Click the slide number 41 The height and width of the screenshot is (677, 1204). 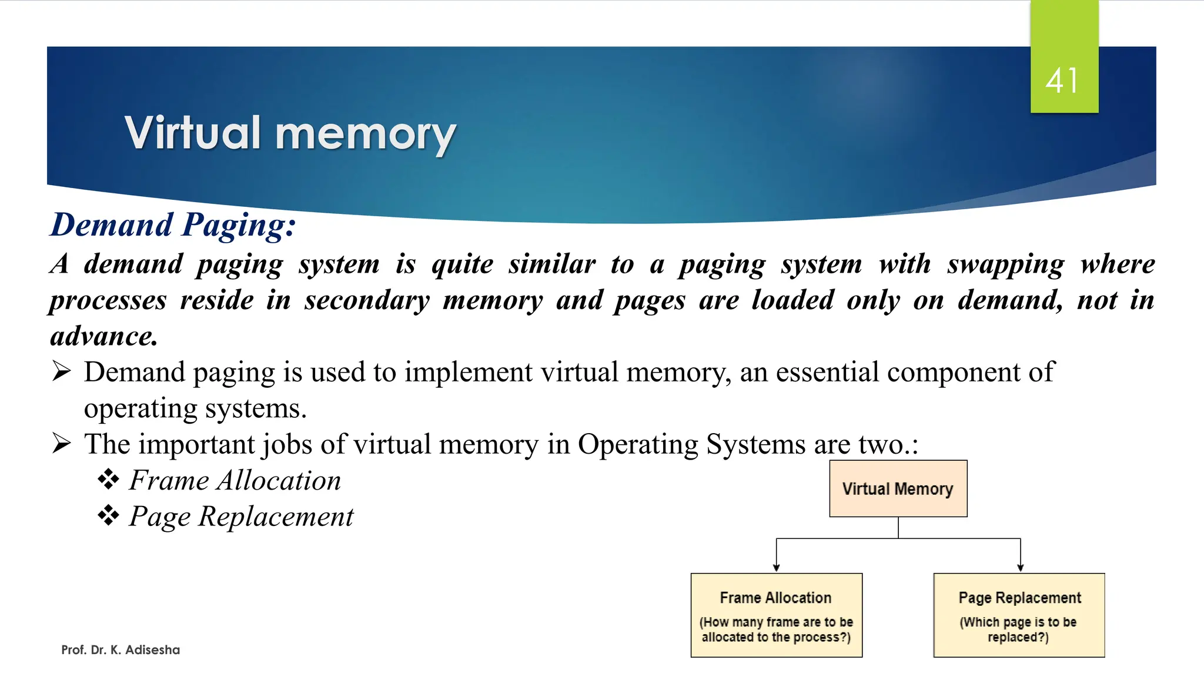[x=1063, y=81]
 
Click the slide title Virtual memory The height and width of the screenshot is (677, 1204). [x=290, y=133]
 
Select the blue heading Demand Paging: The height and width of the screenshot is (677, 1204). [x=173, y=225]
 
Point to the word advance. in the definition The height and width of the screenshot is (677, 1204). [x=104, y=337]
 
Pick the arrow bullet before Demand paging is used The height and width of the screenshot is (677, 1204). [x=61, y=371]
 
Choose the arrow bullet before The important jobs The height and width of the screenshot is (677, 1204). [x=61, y=444]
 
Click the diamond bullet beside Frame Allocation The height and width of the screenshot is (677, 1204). [x=108, y=480]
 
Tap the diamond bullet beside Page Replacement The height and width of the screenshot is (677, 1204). [x=108, y=516]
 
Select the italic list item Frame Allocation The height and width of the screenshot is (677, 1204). [x=235, y=481]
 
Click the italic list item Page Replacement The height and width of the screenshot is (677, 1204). [x=241, y=517]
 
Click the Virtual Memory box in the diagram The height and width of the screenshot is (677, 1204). [x=898, y=488]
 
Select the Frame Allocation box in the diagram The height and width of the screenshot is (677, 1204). [x=776, y=615]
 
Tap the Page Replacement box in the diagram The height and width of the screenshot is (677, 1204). [x=1019, y=615]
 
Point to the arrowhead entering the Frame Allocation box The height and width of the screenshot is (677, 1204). [x=776, y=568]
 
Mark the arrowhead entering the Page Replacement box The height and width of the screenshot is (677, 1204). [x=1021, y=568]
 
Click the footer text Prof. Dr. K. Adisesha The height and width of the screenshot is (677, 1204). [x=121, y=650]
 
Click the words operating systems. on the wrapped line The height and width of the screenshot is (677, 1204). [x=195, y=408]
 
